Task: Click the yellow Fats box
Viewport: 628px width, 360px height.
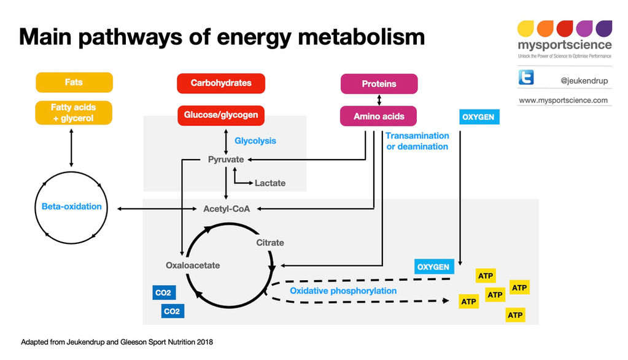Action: point(74,82)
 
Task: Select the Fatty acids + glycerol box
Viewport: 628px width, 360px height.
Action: point(74,112)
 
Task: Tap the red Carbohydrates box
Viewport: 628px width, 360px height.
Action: point(221,83)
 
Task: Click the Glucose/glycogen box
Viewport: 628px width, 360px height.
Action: point(221,115)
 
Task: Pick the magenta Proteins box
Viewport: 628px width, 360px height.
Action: point(379,84)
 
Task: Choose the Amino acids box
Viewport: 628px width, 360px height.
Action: point(379,116)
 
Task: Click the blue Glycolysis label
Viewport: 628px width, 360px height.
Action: point(255,141)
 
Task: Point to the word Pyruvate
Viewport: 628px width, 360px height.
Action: point(226,160)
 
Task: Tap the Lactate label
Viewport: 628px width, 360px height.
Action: point(270,183)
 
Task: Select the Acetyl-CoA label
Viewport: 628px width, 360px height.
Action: point(227,209)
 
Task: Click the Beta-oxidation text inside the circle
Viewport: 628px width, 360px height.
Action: point(72,206)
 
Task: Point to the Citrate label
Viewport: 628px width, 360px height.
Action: point(270,243)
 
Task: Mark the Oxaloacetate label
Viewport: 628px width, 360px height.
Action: point(193,265)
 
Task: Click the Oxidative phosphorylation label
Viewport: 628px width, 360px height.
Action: point(343,291)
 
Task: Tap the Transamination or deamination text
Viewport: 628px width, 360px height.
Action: point(417,141)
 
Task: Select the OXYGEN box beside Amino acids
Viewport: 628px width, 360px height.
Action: point(479,117)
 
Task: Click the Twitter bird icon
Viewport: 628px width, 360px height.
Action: point(526,77)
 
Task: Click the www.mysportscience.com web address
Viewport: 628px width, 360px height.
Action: point(564,100)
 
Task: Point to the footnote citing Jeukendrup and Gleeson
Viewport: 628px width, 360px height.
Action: point(117,342)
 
